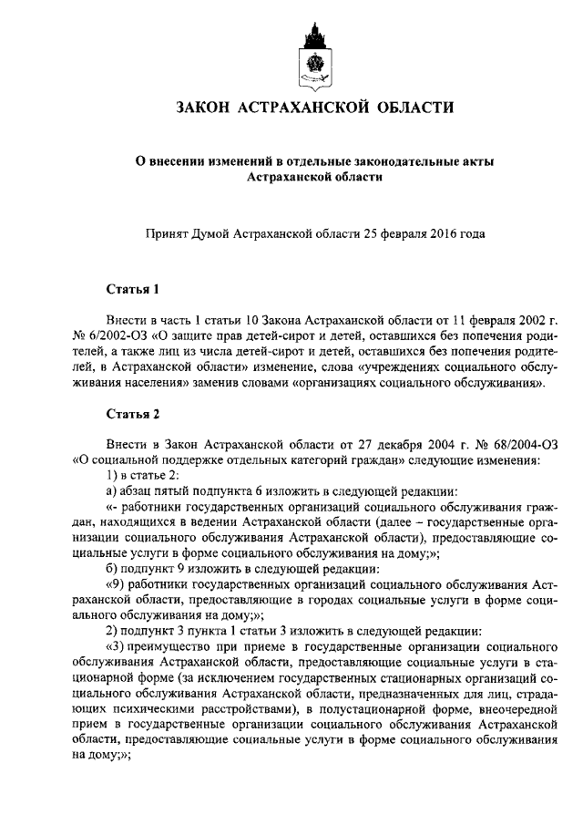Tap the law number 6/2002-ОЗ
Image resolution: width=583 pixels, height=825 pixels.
(x=119, y=335)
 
